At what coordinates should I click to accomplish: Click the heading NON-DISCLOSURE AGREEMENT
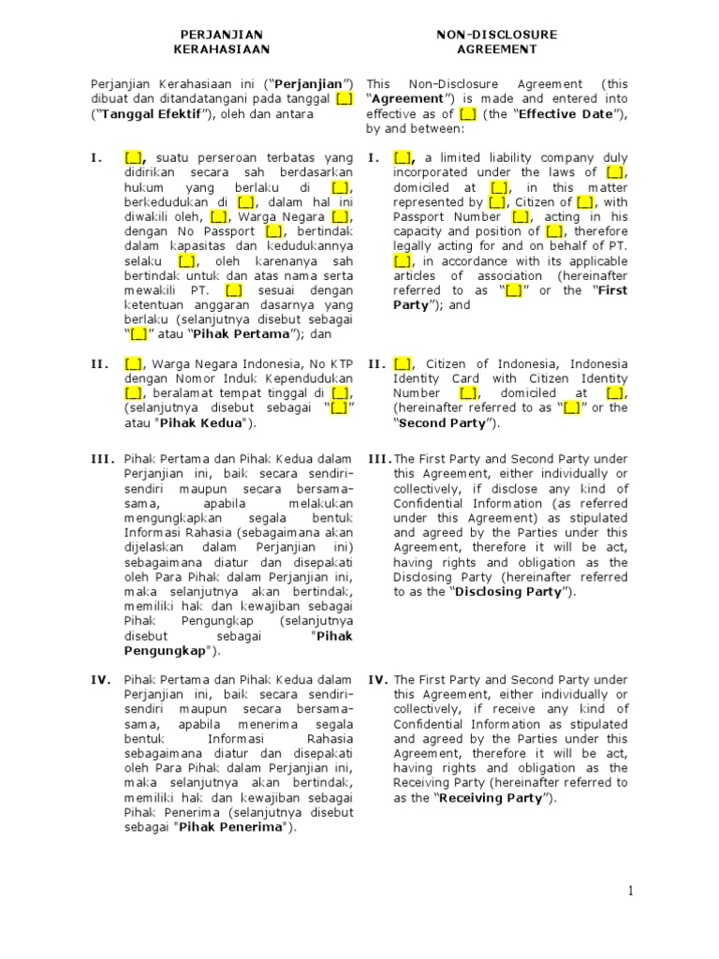click(496, 41)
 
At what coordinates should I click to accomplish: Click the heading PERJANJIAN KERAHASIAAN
click(223, 41)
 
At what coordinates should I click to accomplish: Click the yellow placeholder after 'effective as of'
click(468, 114)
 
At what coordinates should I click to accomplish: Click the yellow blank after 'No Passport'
click(273, 230)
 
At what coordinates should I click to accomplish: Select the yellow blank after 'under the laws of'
click(615, 172)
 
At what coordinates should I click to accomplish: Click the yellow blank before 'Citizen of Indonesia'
click(404, 363)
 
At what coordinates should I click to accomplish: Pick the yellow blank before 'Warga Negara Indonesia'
click(133, 363)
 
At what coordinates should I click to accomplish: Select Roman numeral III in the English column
click(380, 459)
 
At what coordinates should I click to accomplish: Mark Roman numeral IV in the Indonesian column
click(102, 680)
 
